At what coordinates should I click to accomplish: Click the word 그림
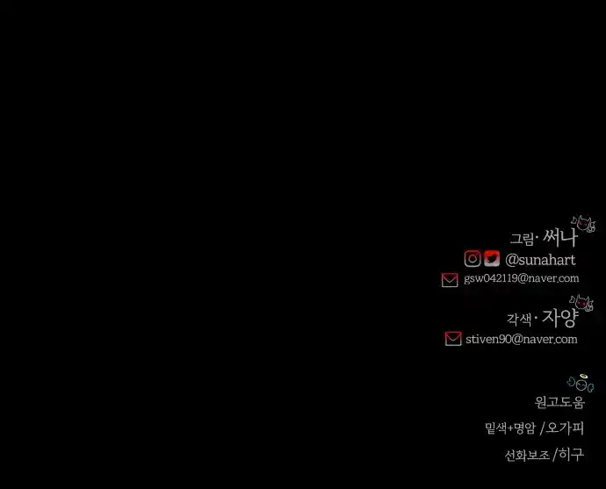(522, 239)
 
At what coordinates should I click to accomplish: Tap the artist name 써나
(560, 238)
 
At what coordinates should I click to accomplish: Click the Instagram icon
(473, 259)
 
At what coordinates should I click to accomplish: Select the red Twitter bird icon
(492, 259)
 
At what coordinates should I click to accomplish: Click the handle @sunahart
(540, 260)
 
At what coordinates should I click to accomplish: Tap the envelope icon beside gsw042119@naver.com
(450, 280)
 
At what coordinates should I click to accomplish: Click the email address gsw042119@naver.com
(522, 278)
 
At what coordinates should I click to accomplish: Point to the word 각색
(519, 320)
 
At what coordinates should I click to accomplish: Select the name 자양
(560, 318)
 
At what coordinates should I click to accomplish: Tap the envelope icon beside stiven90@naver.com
(453, 338)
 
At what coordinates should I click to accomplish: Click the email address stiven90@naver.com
(522, 339)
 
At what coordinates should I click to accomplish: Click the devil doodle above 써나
(583, 224)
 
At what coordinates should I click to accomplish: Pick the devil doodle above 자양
(581, 303)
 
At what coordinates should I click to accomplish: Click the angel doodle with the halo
(581, 383)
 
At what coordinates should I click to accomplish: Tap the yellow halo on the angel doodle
(583, 376)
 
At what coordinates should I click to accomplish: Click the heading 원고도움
(559, 402)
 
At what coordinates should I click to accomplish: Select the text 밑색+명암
(510, 428)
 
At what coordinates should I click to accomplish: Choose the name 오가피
(565, 428)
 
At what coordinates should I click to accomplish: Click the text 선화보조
(527, 455)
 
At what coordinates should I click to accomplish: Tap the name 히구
(571, 455)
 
